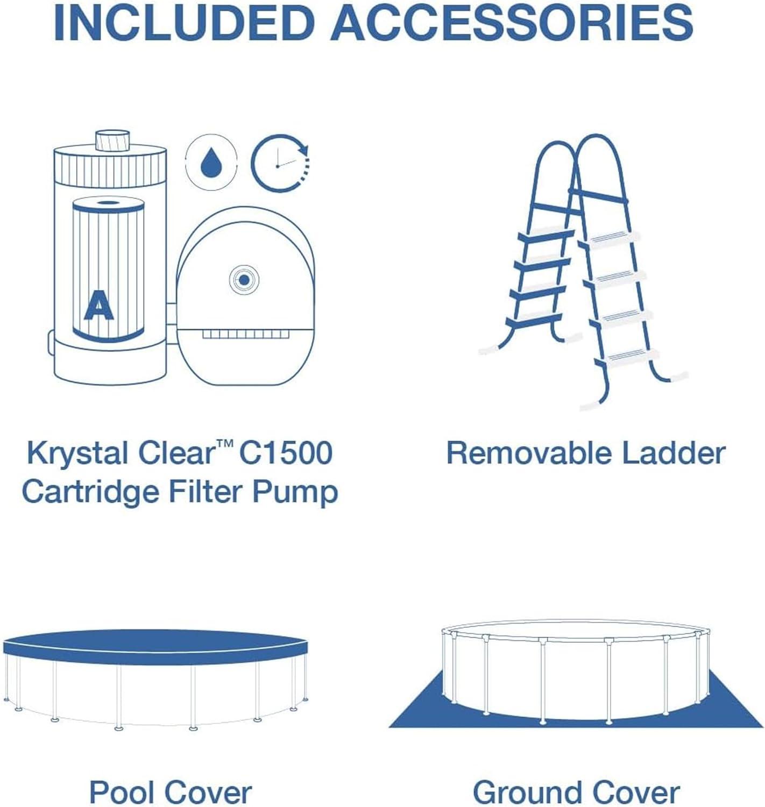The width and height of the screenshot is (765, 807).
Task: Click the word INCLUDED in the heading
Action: (x=181, y=23)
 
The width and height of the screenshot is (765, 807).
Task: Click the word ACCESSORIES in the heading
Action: (x=512, y=23)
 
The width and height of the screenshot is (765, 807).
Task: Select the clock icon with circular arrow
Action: (x=280, y=163)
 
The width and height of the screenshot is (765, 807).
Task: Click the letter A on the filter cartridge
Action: (x=98, y=305)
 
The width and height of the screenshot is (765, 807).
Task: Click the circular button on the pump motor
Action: (x=244, y=280)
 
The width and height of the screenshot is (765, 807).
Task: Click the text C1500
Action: (x=286, y=453)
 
